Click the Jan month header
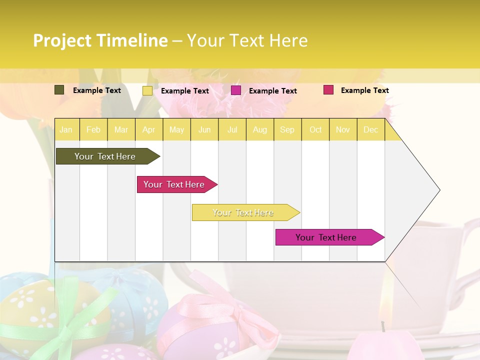[66, 129]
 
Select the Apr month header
[148, 129]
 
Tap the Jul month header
[232, 129]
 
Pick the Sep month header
[287, 129]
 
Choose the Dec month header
[370, 129]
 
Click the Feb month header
[93, 129]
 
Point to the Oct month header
[315, 129]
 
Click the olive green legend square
[59, 90]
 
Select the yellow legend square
[147, 90]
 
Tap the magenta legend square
[236, 90]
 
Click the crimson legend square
[328, 90]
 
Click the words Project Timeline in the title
[100, 40]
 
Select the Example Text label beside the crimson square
[364, 90]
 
